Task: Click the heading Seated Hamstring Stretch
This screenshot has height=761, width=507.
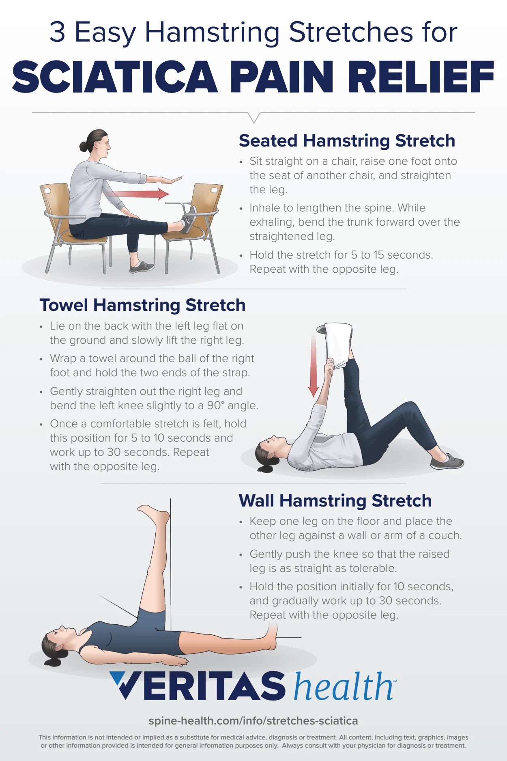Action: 347,141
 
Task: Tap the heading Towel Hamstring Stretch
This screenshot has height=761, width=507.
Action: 142,305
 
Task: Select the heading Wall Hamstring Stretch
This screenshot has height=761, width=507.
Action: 335,500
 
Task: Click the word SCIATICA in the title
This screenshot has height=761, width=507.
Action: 115,77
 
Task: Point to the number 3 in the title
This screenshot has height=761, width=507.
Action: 58,32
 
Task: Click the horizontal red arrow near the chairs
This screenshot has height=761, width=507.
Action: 138,194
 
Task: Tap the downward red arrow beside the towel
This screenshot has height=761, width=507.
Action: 314,365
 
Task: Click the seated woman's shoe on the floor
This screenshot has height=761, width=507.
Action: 142,267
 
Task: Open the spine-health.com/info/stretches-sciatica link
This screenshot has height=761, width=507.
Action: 253,721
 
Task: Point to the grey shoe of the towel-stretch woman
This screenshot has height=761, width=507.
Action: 447,462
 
